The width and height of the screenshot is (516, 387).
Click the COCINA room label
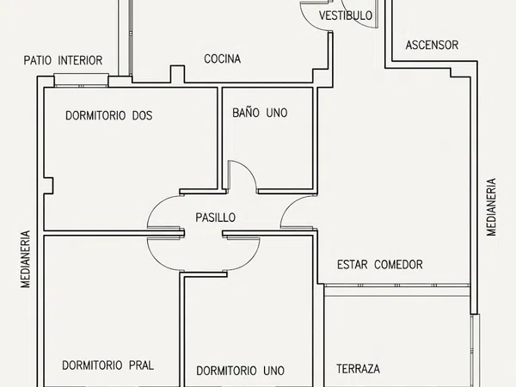point(222,58)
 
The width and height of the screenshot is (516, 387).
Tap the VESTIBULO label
point(346,15)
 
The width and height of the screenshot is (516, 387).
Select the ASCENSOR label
point(432,45)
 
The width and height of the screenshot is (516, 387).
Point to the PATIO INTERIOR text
point(63,60)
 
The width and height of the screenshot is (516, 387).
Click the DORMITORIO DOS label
point(109,115)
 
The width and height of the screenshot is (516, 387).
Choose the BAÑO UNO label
point(260,113)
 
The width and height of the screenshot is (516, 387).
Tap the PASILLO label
point(215,218)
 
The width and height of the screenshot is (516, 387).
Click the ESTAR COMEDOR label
point(380,265)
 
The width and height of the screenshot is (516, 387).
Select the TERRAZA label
point(358,369)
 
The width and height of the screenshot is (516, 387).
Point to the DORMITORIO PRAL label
point(108,365)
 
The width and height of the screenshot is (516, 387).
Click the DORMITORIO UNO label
point(240,371)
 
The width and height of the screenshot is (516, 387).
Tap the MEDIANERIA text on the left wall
point(25,260)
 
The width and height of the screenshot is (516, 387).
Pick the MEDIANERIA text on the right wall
point(491,207)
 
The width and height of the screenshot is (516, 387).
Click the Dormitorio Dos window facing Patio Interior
point(81,80)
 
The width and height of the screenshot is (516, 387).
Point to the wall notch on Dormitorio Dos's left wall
point(48,186)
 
